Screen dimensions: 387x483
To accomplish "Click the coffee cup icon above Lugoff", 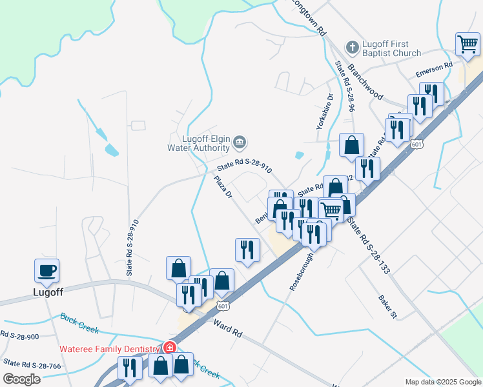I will [x=46, y=270].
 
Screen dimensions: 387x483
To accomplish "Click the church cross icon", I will [x=352, y=47].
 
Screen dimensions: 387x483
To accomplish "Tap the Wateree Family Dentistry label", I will [x=110, y=348].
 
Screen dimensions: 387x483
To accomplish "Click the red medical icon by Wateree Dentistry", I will [x=169, y=348].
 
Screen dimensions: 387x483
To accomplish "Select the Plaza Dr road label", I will [x=223, y=188].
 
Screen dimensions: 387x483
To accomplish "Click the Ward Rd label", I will [x=228, y=328].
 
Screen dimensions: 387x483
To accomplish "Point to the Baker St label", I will [x=387, y=306].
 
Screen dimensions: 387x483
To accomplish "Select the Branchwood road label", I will [x=365, y=81].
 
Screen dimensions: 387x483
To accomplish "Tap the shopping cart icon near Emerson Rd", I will [x=468, y=45].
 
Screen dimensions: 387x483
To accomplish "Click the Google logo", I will [x=21, y=379].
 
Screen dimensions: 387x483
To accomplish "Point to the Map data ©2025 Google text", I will [x=442, y=382].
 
